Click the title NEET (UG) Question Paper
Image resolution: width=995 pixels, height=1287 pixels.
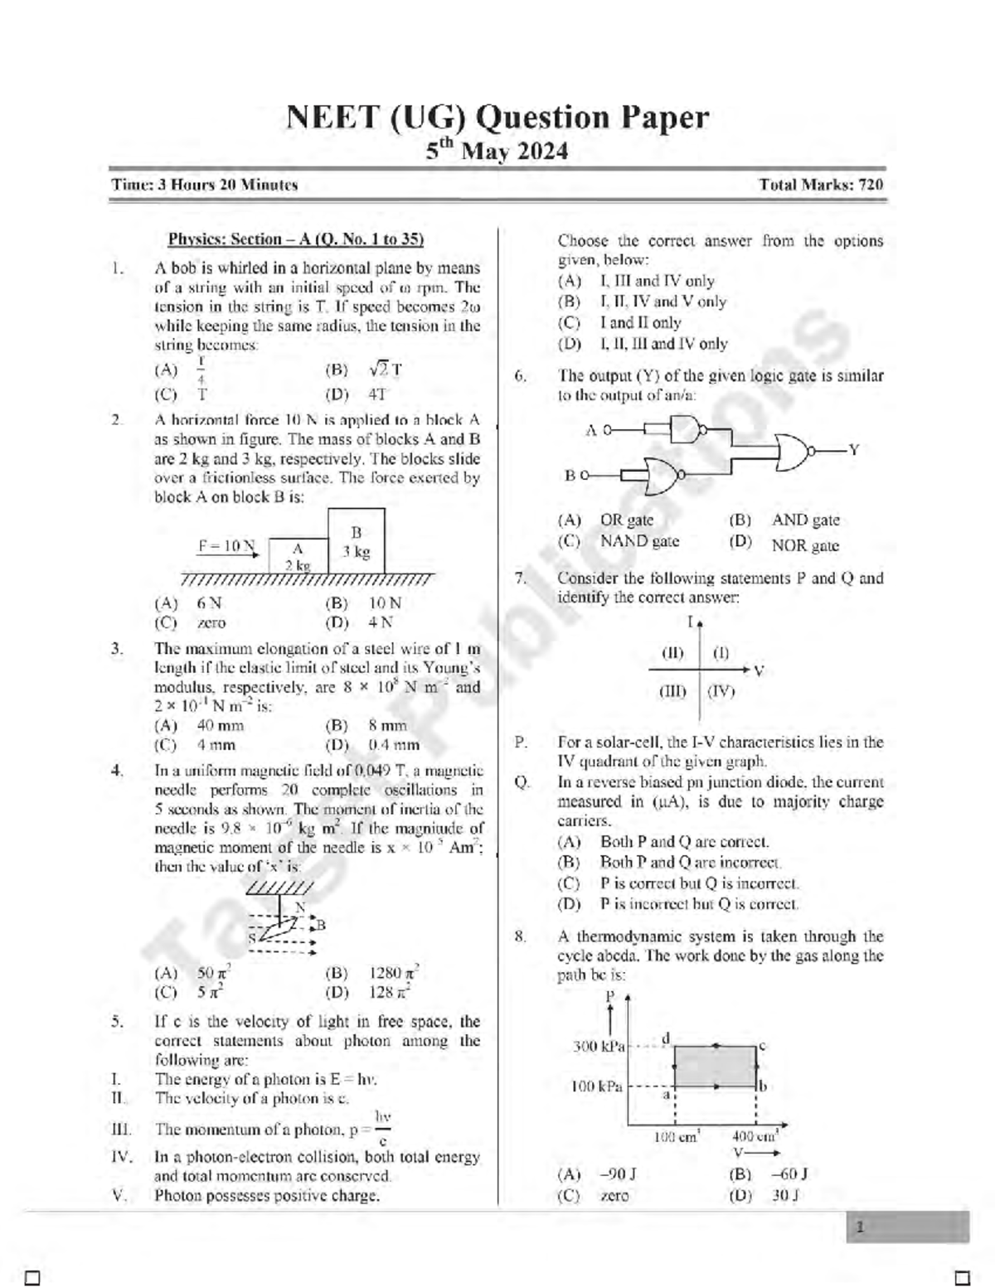coord(498,118)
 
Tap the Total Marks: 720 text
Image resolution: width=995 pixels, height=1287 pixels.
coord(820,185)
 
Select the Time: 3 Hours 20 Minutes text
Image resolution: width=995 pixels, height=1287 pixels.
coord(205,185)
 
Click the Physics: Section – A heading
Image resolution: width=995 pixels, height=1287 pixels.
coord(296,239)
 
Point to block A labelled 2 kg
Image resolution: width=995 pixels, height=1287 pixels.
coord(298,556)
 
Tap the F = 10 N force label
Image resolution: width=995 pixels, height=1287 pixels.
coord(226,546)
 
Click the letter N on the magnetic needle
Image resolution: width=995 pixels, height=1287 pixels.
coord(299,907)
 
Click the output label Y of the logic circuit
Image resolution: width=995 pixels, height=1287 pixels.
coord(853,450)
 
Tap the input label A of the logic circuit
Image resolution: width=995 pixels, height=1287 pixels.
coord(591,430)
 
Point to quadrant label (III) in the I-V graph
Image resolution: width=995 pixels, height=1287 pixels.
coord(672,690)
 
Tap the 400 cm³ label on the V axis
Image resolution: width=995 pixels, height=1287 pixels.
coord(754,1136)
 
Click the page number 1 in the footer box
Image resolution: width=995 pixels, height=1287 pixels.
coord(860,1227)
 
